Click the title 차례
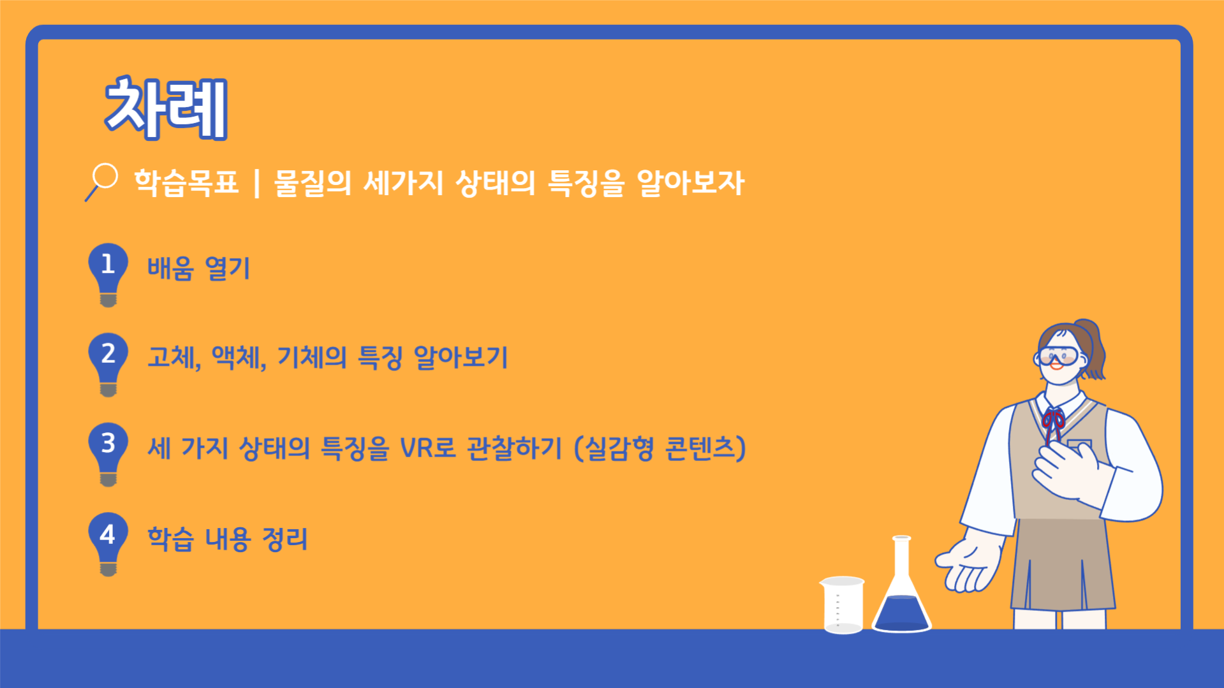pyautogui.click(x=166, y=108)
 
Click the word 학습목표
pyautogui.click(x=186, y=183)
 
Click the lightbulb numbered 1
pyautogui.click(x=108, y=274)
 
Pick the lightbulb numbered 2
pyautogui.click(x=108, y=363)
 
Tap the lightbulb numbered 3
pyautogui.click(x=108, y=453)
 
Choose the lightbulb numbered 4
pyautogui.click(x=108, y=543)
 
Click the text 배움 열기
pyautogui.click(x=199, y=268)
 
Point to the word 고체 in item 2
pyautogui.click(x=173, y=357)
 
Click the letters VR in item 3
pyautogui.click(x=417, y=448)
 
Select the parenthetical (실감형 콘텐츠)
pyautogui.click(x=660, y=448)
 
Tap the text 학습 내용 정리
pyautogui.click(x=228, y=539)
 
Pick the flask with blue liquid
pyautogui.click(x=901, y=585)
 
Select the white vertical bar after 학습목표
pyautogui.click(x=256, y=184)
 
